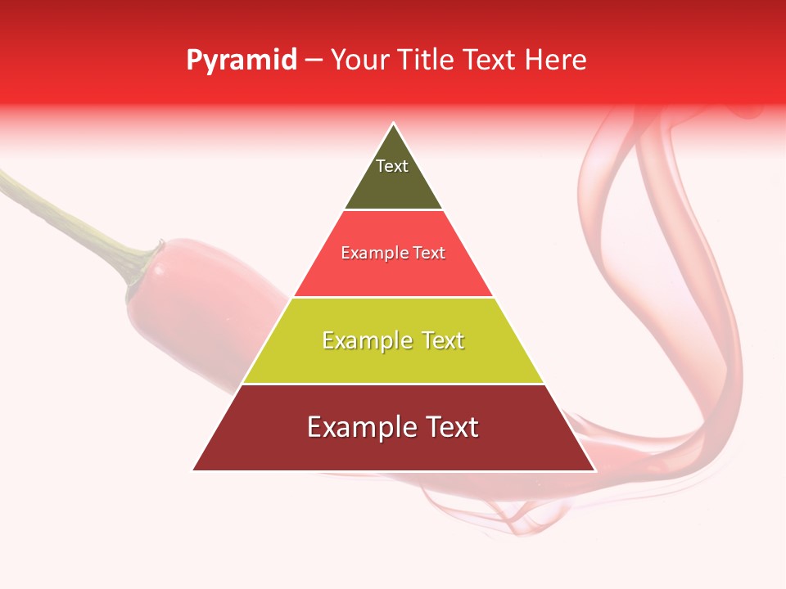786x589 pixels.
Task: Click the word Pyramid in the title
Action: (242, 61)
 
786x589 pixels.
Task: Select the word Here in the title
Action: (556, 61)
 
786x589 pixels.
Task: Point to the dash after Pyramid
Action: (314, 61)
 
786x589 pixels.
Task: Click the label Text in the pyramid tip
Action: (392, 166)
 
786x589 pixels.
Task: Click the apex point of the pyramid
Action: (394, 124)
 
